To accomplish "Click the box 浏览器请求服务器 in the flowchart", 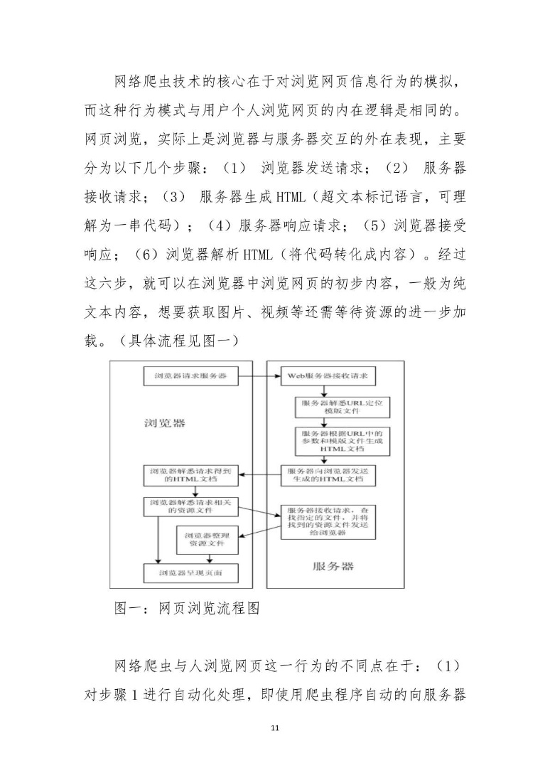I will [x=190, y=375].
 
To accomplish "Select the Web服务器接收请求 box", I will [x=325, y=375].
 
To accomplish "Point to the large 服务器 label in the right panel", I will [x=333, y=567].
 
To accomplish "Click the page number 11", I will [x=275, y=728].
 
